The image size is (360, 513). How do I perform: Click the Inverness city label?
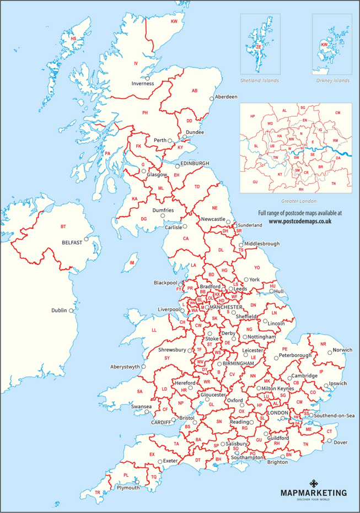coord(142,83)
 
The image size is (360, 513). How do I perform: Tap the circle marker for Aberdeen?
coord(211,99)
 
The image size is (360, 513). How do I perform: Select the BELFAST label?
coord(72,242)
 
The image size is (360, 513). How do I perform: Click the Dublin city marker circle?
coord(71,310)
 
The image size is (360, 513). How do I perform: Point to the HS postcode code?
coord(73,39)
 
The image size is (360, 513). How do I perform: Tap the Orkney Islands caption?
coord(332,80)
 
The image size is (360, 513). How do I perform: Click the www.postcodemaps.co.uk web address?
coord(300,221)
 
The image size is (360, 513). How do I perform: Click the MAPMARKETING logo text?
coord(314,493)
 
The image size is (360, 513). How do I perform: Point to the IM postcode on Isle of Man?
coord(132,263)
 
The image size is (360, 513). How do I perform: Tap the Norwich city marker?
coord(330,352)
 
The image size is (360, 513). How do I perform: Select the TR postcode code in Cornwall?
coord(97,492)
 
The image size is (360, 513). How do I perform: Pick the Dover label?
coord(341,442)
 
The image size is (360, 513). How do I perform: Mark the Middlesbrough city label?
coord(262,244)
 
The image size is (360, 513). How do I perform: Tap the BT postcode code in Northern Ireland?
coord(63,226)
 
